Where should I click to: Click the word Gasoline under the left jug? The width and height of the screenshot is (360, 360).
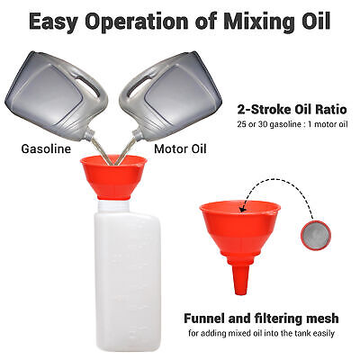46,148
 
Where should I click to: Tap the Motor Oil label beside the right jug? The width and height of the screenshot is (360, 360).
180,148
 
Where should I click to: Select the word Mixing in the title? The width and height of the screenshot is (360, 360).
253,22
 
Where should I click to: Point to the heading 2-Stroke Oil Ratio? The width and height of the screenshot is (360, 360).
292,110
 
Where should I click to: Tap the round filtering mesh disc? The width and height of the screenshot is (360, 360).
316,234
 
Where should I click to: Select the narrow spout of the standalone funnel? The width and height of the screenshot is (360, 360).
240,279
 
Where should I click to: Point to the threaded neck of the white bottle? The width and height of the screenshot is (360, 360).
113,205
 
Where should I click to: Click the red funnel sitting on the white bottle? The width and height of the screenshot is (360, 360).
113,177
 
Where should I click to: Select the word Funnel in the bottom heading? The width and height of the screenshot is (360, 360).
204,319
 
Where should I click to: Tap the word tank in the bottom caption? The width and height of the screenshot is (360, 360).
300,333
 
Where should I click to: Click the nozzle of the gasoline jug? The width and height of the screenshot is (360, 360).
89,134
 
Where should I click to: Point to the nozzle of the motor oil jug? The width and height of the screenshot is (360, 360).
137,134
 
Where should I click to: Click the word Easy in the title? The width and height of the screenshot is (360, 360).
53,22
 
